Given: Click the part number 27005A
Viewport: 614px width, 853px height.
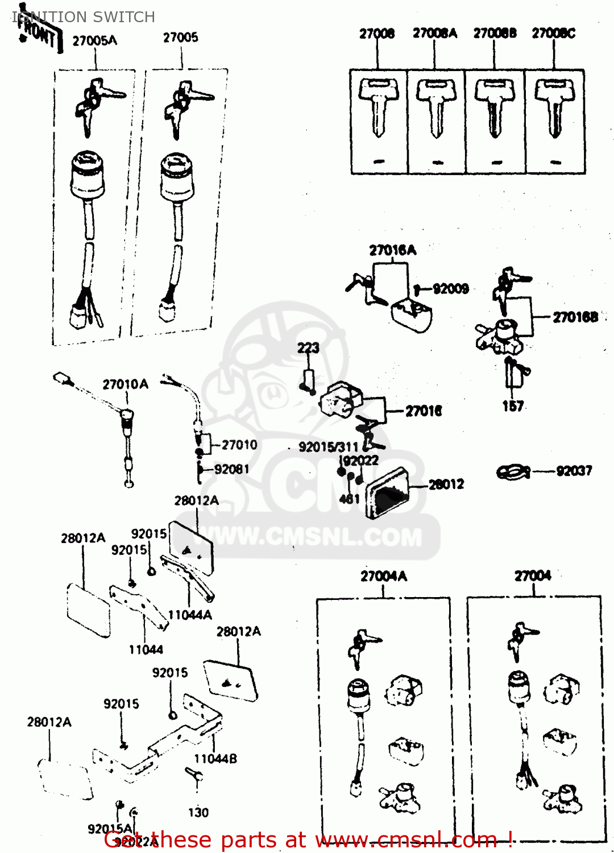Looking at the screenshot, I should tap(94, 41).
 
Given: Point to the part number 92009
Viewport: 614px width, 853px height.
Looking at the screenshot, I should tap(450, 289).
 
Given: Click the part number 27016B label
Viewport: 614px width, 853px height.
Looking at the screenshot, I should tap(575, 317).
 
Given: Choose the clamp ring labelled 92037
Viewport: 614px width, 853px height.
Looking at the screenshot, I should tap(513, 472).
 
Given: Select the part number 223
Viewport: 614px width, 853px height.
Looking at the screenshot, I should tap(308, 347).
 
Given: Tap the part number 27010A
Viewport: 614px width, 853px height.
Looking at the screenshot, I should tap(125, 384).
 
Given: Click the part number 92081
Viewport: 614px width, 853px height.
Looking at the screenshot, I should tap(231, 469).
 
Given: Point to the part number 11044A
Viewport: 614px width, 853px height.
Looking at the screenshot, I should tap(190, 615).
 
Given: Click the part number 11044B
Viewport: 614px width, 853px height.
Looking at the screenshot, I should tap(215, 759).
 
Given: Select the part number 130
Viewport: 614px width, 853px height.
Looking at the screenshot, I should tap(198, 813).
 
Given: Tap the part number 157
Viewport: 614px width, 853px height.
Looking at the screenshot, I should tap(512, 406).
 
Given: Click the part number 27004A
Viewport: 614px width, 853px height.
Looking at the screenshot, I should tap(384, 576).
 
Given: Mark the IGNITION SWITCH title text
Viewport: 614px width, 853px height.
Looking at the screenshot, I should tap(85, 17).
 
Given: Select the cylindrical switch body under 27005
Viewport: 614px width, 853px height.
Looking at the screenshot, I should tap(177, 176).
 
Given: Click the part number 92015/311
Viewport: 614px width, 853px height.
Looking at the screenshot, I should tap(329, 447).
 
